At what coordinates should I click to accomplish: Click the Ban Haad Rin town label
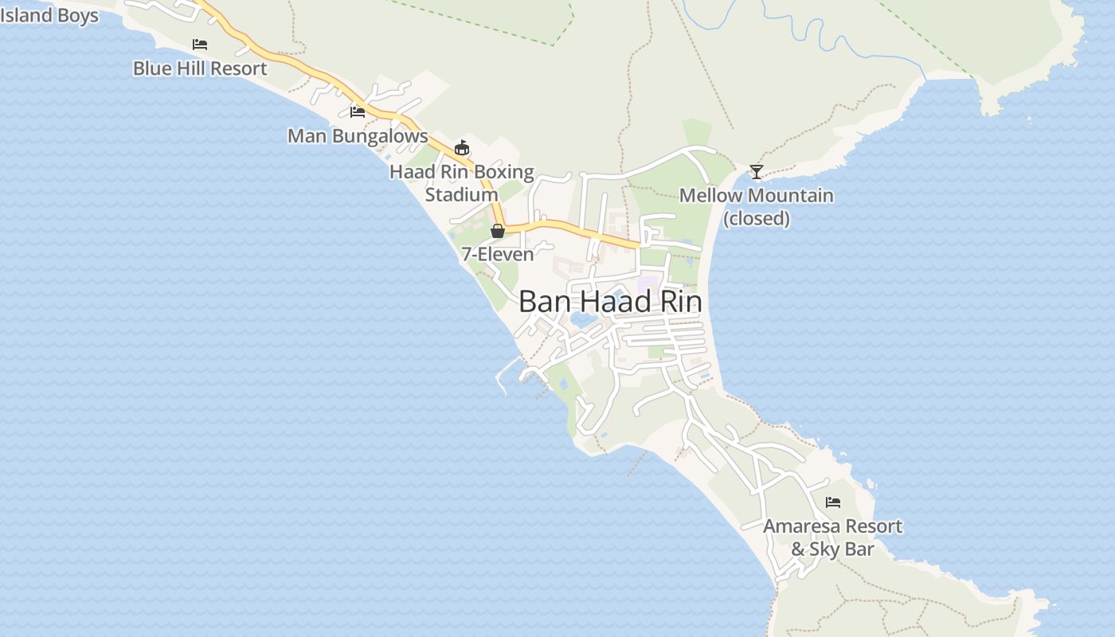(x=610, y=302)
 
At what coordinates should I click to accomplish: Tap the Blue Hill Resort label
(x=200, y=68)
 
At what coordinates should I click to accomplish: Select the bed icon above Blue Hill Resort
(x=200, y=44)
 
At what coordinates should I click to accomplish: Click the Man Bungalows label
(x=358, y=136)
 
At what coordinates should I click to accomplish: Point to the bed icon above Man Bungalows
(x=358, y=111)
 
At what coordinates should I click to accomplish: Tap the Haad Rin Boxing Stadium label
(x=462, y=182)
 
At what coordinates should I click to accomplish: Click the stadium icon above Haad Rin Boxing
(x=462, y=147)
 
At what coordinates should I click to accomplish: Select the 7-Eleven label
(x=498, y=255)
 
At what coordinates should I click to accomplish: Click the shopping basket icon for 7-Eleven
(x=498, y=231)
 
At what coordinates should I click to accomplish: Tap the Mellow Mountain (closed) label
(x=757, y=206)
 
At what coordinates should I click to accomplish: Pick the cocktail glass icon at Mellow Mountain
(x=757, y=171)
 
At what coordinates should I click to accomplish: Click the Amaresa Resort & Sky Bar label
(x=833, y=537)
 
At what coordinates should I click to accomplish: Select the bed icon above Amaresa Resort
(x=833, y=502)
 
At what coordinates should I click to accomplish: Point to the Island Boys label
(x=49, y=15)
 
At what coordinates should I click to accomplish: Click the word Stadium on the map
(x=462, y=194)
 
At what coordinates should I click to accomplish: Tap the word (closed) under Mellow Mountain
(x=757, y=218)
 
